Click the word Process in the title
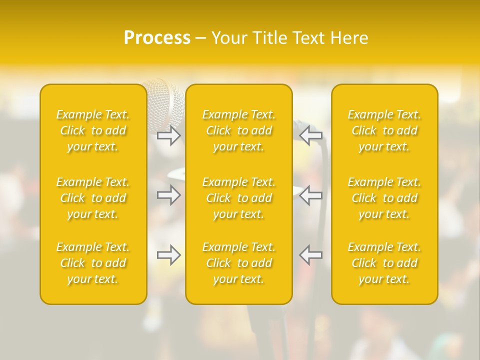[157, 37]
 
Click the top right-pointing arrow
[168, 135]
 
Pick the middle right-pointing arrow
[168, 195]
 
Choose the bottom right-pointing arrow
[168, 255]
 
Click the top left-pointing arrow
[311, 135]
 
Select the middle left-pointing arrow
[311, 195]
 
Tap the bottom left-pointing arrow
[311, 255]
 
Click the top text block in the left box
[93, 130]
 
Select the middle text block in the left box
[93, 198]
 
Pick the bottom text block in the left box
[93, 263]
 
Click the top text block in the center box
[238, 130]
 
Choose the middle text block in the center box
[238, 198]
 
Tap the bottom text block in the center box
[238, 263]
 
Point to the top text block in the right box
[384, 130]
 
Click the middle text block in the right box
[384, 198]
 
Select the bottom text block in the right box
[384, 263]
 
